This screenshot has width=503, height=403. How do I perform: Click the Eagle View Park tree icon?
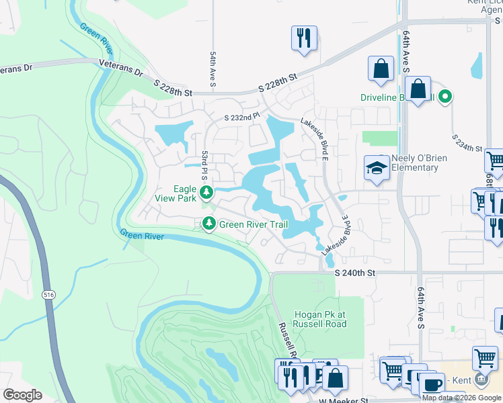point(208,193)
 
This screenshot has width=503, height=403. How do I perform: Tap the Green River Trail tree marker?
point(209,224)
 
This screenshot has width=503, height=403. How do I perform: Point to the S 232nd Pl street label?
point(242,117)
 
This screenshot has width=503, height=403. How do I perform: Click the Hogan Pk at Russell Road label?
point(321,319)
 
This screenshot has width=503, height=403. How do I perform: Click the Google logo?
point(22,395)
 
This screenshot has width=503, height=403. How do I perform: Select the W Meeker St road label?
point(346,400)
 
